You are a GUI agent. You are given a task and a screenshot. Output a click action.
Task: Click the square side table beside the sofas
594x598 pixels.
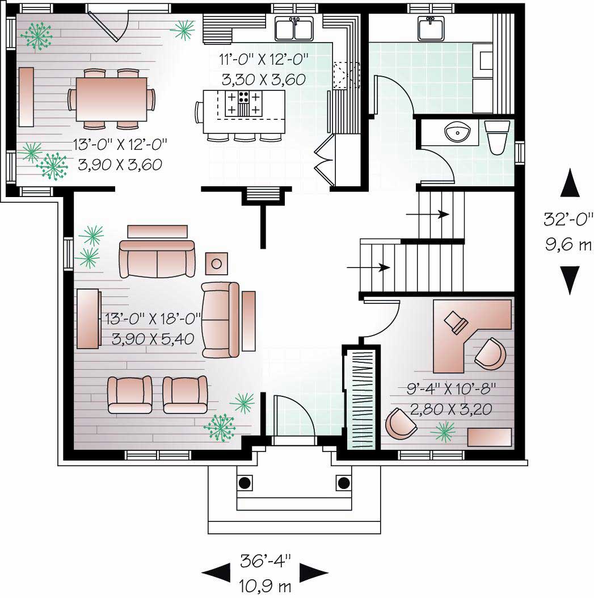point(217,263)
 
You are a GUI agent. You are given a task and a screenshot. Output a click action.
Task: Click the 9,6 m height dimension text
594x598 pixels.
point(568,246)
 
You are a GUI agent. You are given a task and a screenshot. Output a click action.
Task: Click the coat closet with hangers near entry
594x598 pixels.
point(360,398)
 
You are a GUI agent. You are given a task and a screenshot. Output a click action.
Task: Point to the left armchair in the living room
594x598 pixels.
point(130,394)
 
